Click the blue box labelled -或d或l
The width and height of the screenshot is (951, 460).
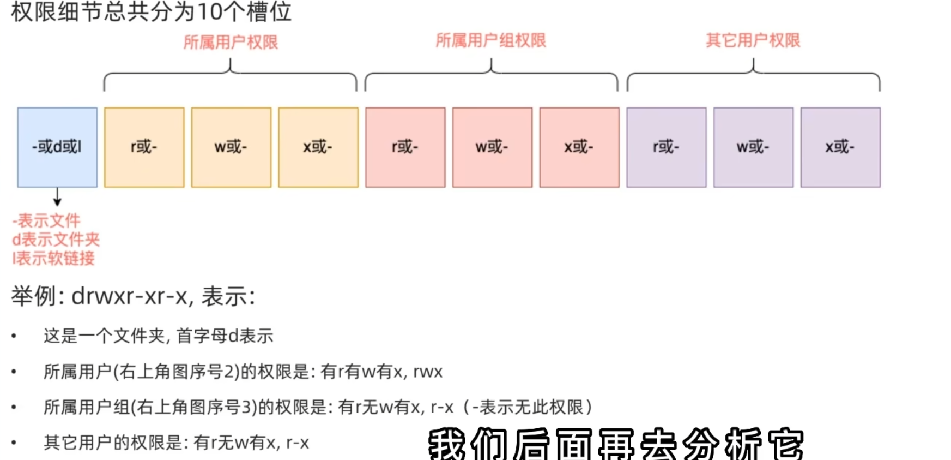tap(57, 147)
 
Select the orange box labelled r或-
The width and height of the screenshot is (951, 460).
tap(144, 147)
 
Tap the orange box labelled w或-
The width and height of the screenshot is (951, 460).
tap(231, 147)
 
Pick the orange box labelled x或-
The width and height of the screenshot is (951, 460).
tap(318, 147)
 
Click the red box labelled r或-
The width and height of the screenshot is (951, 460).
tap(405, 147)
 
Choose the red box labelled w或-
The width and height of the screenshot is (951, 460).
tap(492, 147)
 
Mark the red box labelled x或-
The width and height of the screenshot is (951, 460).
tap(579, 147)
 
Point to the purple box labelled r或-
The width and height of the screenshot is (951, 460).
tap(667, 147)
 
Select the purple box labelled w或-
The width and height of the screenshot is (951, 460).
tap(753, 147)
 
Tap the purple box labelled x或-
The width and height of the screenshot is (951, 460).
tap(840, 147)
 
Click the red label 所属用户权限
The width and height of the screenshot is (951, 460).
tap(231, 42)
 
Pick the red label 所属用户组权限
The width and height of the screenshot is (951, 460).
tap(490, 40)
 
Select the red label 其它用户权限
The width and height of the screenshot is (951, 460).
tap(753, 40)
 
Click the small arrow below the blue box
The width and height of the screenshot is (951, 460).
tap(57, 197)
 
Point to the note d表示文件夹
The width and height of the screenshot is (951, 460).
tap(56, 240)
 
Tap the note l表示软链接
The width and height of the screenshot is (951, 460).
tap(53, 258)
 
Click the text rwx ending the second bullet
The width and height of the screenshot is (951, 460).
tap(428, 372)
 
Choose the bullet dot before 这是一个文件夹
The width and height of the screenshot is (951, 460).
tap(14, 336)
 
